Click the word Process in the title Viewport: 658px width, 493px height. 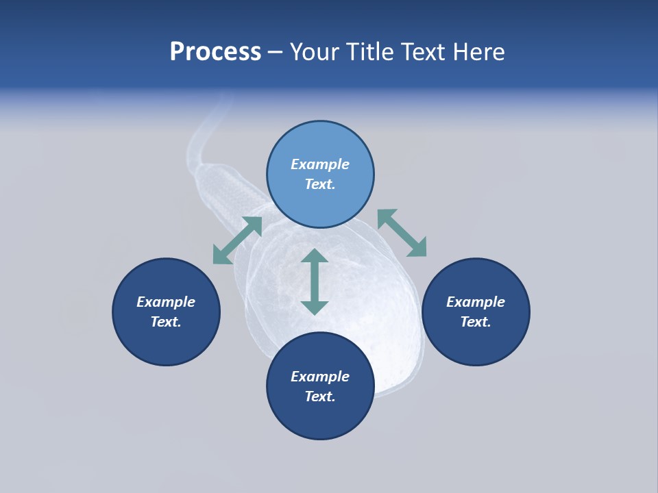(x=215, y=52)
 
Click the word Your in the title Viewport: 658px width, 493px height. (x=314, y=52)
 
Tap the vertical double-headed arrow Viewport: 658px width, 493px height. (x=315, y=281)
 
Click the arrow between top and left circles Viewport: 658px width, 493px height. (x=237, y=240)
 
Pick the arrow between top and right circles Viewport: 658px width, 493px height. (x=402, y=233)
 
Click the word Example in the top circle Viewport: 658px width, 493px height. (x=320, y=164)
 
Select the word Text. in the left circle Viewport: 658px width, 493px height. (x=166, y=322)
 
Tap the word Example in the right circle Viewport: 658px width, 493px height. (x=476, y=302)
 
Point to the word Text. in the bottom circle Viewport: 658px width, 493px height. (x=320, y=396)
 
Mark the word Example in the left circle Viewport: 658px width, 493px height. (x=166, y=302)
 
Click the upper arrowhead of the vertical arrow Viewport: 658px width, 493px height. (x=315, y=256)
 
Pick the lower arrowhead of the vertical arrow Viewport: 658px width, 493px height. (x=315, y=307)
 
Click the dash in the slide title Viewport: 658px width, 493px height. (x=275, y=52)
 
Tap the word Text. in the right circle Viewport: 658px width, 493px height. (x=476, y=322)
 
